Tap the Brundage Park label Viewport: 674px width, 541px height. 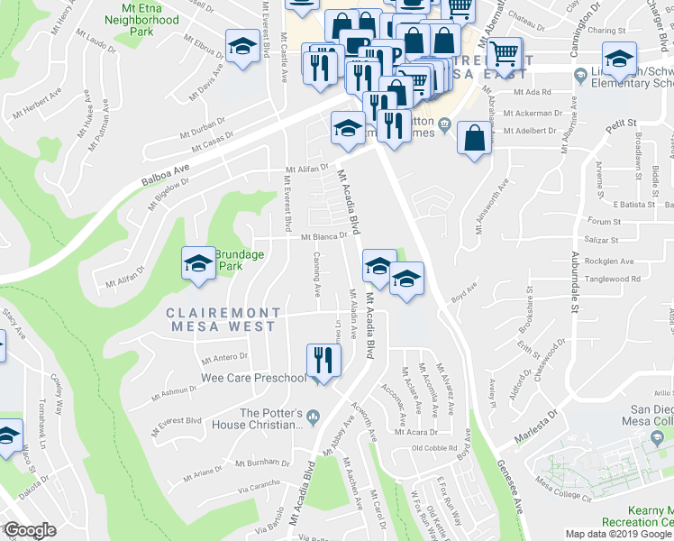tap(240, 261)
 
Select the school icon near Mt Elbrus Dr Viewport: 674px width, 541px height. tap(241, 47)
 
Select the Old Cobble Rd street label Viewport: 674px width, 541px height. tap(434, 448)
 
